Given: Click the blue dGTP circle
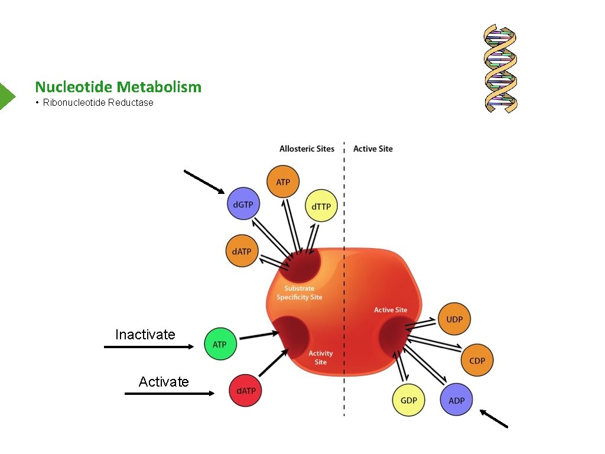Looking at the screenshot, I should (x=243, y=205).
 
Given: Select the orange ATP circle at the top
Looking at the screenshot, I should (x=283, y=181).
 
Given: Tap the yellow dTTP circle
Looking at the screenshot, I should (x=321, y=207).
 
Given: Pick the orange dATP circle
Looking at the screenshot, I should (x=242, y=251).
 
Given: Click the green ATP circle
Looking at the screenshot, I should (x=220, y=344).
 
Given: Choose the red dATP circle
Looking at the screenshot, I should (x=246, y=391).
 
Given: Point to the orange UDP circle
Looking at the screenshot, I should (x=454, y=319).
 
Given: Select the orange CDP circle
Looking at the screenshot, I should (x=476, y=361).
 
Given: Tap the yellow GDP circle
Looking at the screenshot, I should (x=408, y=400).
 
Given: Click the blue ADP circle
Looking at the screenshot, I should (x=456, y=400).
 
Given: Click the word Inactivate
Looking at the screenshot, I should (x=145, y=335).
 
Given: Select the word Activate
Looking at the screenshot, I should (x=164, y=382).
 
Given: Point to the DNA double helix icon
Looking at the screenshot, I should (x=500, y=69).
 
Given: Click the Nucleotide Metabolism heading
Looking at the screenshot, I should (x=118, y=87).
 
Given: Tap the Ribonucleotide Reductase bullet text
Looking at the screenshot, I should (x=98, y=103).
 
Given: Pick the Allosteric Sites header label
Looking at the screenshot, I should (x=307, y=149).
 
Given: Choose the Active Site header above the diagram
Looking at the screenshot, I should (x=373, y=149).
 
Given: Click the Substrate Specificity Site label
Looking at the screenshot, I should (x=300, y=293).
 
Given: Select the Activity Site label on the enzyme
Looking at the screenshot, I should (x=320, y=358).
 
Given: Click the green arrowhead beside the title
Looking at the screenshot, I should (x=6, y=95).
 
